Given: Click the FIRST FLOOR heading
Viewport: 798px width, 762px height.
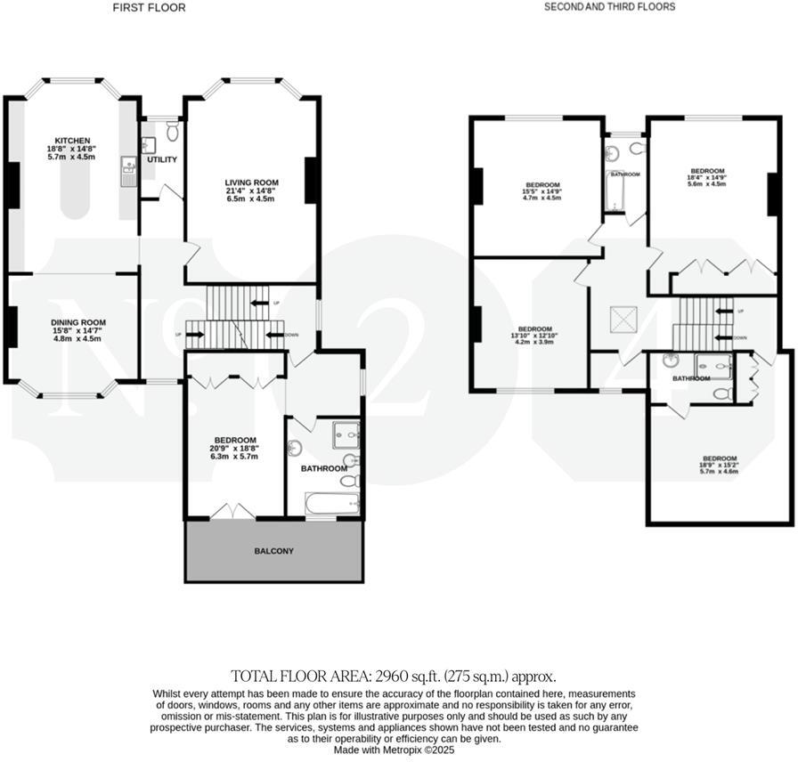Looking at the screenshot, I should point(149,7).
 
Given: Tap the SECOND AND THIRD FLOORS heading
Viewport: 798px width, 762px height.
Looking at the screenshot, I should point(609,7).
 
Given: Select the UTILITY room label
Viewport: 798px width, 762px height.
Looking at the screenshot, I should point(162,160).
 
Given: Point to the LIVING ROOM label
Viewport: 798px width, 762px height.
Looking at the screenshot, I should point(252,182).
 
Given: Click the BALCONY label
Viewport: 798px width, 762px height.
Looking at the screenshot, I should point(273,551).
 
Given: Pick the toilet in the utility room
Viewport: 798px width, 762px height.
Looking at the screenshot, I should point(172,131).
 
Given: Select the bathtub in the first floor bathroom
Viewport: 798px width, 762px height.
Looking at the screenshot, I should point(333,505).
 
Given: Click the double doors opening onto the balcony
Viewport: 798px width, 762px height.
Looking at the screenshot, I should point(231,511).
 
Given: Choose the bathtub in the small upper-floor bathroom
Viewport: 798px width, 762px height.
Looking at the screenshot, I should point(615,191).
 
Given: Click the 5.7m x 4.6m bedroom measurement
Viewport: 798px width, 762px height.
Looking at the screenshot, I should point(719,472).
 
